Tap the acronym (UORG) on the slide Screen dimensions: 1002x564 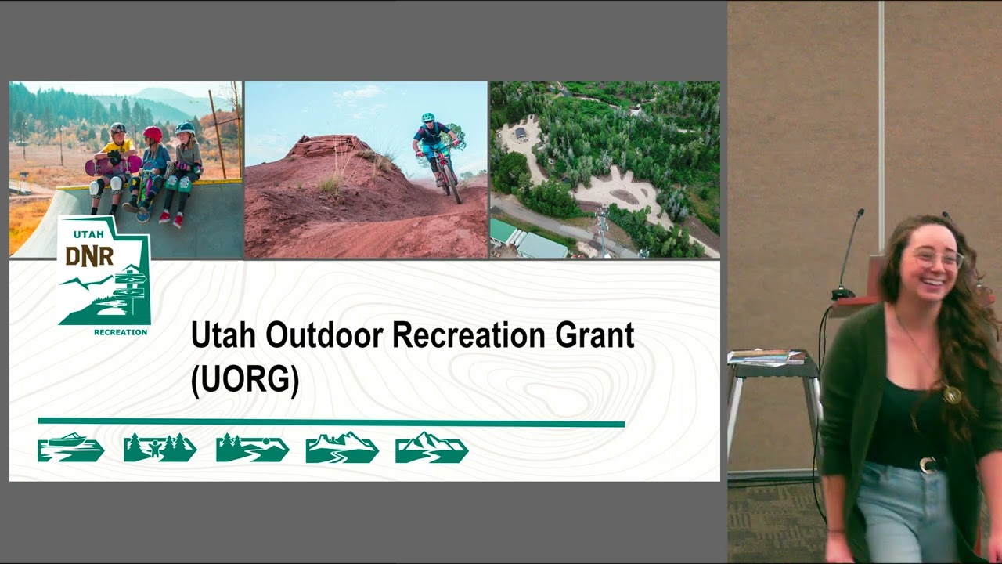tap(245, 381)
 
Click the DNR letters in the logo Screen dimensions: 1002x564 tap(89, 256)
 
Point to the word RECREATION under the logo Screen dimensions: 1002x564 tap(121, 332)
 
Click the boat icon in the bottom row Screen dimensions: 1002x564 tap(70, 447)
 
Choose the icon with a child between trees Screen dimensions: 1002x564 tap(160, 447)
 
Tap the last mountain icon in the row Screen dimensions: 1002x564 tap(431, 447)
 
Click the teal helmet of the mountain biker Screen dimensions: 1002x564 tap(427, 117)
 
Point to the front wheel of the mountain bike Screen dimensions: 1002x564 tap(452, 183)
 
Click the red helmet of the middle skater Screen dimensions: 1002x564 tap(153, 133)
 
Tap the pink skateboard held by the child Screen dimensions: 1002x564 tap(113, 165)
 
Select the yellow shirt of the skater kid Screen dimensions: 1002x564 tap(118, 148)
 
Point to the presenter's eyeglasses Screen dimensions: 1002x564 tap(939, 258)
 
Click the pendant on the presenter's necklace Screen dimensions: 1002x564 tap(951, 394)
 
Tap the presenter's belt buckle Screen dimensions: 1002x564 tap(928, 465)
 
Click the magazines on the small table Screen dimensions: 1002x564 tap(766, 358)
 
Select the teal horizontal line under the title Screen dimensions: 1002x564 tap(331, 422)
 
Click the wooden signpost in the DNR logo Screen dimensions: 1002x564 tap(131, 287)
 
